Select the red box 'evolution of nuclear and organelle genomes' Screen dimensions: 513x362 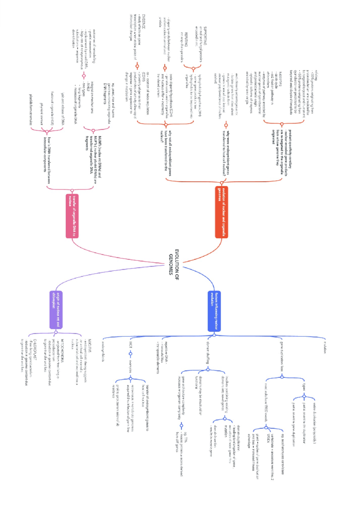click(x=221, y=212)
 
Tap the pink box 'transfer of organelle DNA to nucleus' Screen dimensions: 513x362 click(x=72, y=216)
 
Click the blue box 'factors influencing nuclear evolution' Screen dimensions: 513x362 click(x=214, y=311)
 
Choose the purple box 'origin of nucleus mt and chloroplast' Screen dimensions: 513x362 click(x=56, y=310)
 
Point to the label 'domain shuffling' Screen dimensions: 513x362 click(x=208, y=352)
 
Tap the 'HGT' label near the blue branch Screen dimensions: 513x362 click(x=131, y=345)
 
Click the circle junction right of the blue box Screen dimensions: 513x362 click(x=214, y=335)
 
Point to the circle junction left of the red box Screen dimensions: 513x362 click(x=221, y=183)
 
